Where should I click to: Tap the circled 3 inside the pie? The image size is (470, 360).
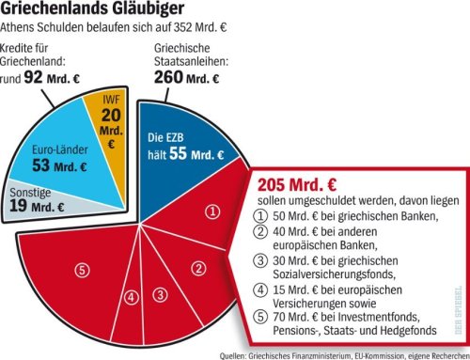click(161, 295)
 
